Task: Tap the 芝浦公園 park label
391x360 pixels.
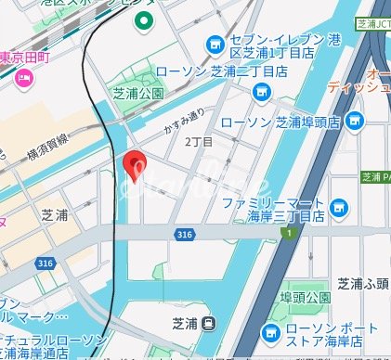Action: tap(137, 93)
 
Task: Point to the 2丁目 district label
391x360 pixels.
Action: tap(199, 142)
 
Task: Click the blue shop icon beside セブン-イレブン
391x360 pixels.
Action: tap(215, 43)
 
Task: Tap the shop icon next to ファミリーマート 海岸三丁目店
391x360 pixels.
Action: tap(339, 206)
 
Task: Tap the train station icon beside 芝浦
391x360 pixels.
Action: tap(210, 324)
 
